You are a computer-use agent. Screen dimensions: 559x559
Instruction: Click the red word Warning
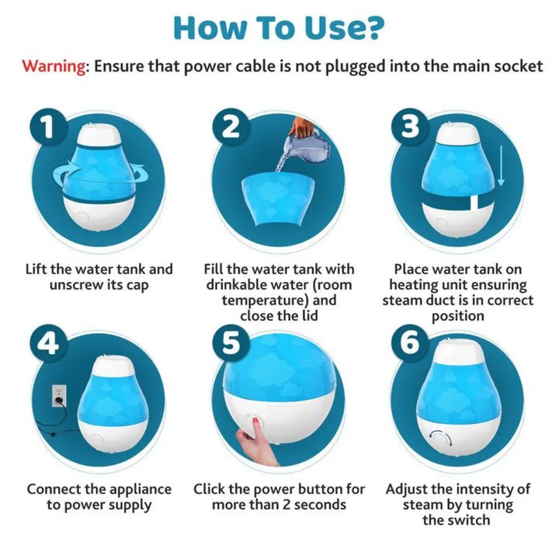pyautogui.click(x=54, y=67)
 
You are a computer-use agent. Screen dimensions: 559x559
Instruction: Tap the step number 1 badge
pyautogui.click(x=48, y=127)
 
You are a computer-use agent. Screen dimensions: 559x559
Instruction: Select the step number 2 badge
pyautogui.click(x=231, y=127)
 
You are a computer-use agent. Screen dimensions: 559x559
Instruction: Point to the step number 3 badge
pyautogui.click(x=410, y=127)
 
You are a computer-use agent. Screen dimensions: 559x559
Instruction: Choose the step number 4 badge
pyautogui.click(x=48, y=343)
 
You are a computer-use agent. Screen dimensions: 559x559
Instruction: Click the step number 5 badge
pyautogui.click(x=231, y=343)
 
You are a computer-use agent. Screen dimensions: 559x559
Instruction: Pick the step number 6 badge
pyautogui.click(x=410, y=343)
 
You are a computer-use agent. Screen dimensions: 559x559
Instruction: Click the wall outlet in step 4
pyautogui.click(x=59, y=396)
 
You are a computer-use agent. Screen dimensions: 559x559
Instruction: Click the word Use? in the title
pyautogui.click(x=342, y=28)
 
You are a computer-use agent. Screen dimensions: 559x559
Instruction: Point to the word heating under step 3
pyautogui.click(x=414, y=285)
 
